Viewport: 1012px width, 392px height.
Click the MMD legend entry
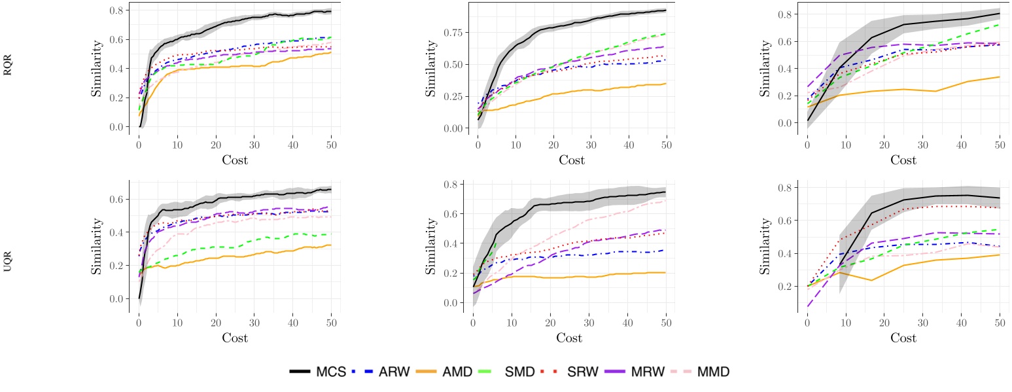point(714,372)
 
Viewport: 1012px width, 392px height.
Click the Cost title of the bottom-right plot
point(903,338)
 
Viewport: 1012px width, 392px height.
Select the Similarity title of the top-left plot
point(96,67)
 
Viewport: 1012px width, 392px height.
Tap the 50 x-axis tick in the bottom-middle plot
point(666,322)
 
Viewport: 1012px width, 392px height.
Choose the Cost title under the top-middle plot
point(572,160)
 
